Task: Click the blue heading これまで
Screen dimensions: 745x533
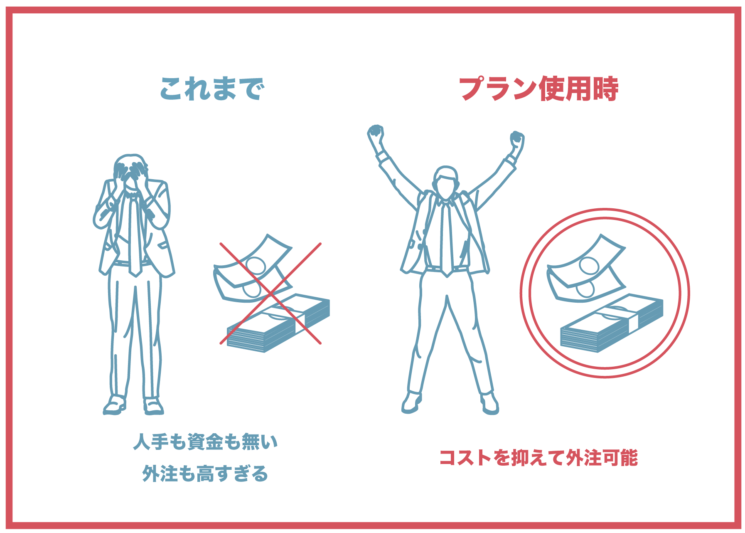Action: point(212,89)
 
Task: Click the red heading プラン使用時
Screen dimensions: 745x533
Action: point(538,89)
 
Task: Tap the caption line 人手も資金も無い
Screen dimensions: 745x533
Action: point(205,442)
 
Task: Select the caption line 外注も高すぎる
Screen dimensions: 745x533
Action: point(205,474)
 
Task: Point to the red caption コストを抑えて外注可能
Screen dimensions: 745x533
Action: point(538,458)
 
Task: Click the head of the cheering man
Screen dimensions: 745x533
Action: point(445,183)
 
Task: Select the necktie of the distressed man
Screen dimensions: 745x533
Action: point(134,235)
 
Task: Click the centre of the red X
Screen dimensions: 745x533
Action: point(270,294)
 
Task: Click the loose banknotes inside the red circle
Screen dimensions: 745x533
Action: point(586,268)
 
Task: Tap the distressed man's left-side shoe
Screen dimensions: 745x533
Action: point(115,405)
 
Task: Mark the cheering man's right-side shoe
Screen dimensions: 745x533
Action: point(489,403)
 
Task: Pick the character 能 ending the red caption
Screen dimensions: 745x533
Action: point(629,458)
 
